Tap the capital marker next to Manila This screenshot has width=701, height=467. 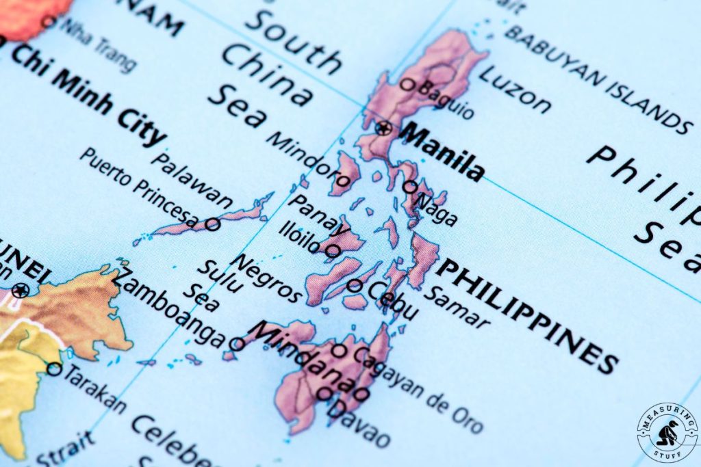[384, 127]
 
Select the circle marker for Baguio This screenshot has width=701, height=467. [407, 85]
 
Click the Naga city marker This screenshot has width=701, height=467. [409, 187]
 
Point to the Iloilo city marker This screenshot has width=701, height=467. [332, 251]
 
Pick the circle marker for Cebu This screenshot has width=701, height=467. [355, 285]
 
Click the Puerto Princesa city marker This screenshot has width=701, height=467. [213, 224]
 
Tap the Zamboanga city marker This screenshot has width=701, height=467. [237, 344]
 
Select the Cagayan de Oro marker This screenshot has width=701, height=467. [339, 351]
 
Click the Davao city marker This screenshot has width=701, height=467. [324, 393]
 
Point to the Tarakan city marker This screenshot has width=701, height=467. [54, 369]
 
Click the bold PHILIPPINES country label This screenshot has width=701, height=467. [527, 315]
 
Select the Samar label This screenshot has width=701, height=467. [456, 307]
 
